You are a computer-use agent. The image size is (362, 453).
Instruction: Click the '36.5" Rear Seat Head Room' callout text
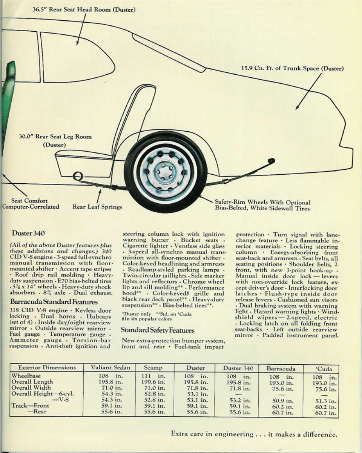tap(84, 9)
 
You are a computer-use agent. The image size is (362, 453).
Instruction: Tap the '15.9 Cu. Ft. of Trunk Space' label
tap(292, 69)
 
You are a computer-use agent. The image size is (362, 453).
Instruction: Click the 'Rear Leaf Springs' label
tap(97, 207)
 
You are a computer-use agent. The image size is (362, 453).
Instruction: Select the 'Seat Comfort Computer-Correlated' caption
tap(30, 204)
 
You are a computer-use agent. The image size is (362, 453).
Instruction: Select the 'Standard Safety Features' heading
tap(158, 330)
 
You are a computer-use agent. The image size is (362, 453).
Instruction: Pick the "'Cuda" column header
tap(321, 369)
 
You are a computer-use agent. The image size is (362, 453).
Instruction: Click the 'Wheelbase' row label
tap(26, 376)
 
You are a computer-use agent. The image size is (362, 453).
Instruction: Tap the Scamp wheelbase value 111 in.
tap(153, 376)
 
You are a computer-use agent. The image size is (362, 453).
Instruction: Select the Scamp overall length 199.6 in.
tap(153, 382)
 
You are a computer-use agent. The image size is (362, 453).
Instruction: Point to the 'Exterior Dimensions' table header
tap(47, 367)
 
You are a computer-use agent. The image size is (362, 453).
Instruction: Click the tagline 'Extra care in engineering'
tap(254, 434)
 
